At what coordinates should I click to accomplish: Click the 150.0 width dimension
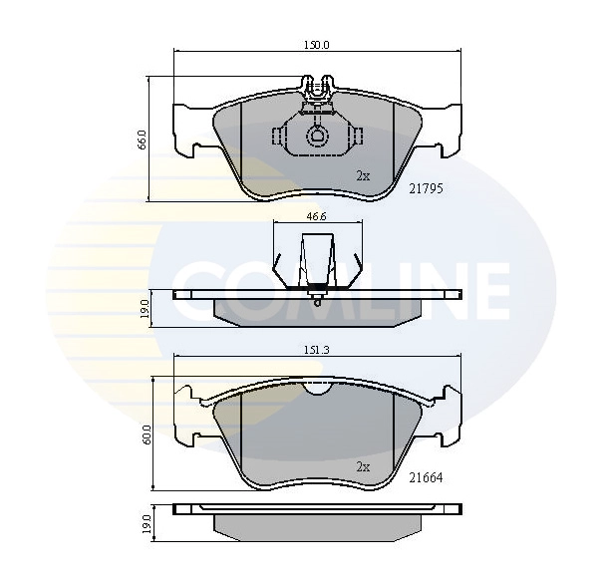(x=318, y=45)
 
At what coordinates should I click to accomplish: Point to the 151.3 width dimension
(x=318, y=350)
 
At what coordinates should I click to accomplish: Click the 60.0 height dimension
(x=147, y=435)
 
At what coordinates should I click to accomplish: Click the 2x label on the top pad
(x=363, y=175)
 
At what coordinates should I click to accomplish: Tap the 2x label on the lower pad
(x=363, y=465)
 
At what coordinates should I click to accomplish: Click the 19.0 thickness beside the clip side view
(x=145, y=308)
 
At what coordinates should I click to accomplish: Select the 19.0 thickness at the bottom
(x=145, y=523)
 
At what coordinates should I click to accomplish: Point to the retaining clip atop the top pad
(x=318, y=89)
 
